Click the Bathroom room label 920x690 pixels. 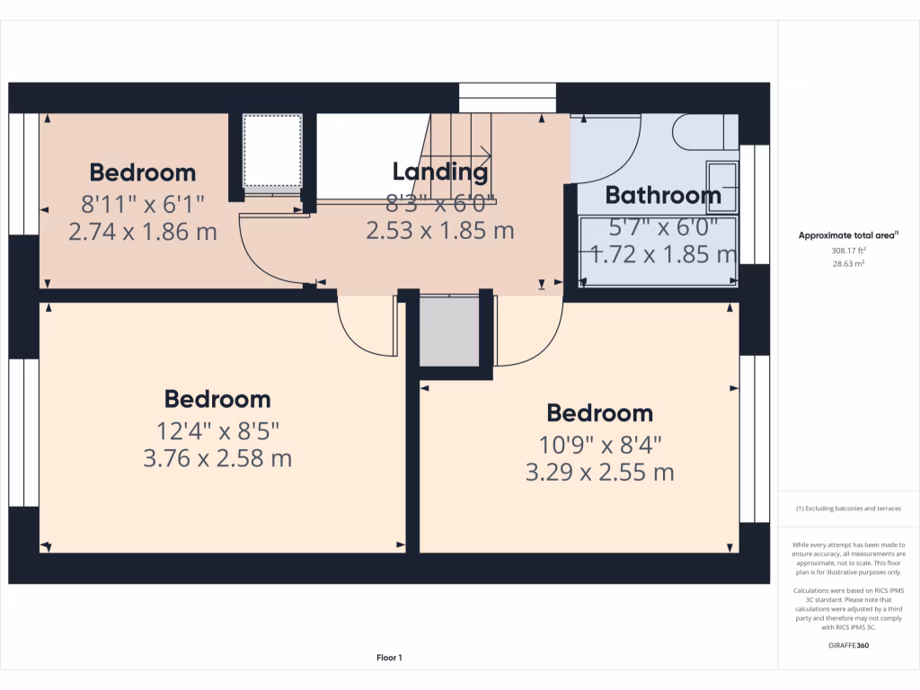coord(663,195)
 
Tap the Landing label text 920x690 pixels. coord(440,172)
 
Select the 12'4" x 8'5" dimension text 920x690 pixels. coord(217,429)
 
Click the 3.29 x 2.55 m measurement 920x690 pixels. coord(599,472)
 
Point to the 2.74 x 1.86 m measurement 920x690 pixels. coord(143,231)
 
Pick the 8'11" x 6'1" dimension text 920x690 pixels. coord(143,202)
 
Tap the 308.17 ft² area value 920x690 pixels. coord(849,251)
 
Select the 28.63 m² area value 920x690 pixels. coord(849,264)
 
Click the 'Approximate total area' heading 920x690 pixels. coord(848,235)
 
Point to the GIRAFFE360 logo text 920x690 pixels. coord(849,645)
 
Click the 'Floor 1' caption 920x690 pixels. coord(389,659)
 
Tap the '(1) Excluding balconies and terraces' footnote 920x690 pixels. coord(848,509)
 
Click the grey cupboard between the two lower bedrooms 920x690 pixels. coord(449,332)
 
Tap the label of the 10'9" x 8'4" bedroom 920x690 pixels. coord(599,413)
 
